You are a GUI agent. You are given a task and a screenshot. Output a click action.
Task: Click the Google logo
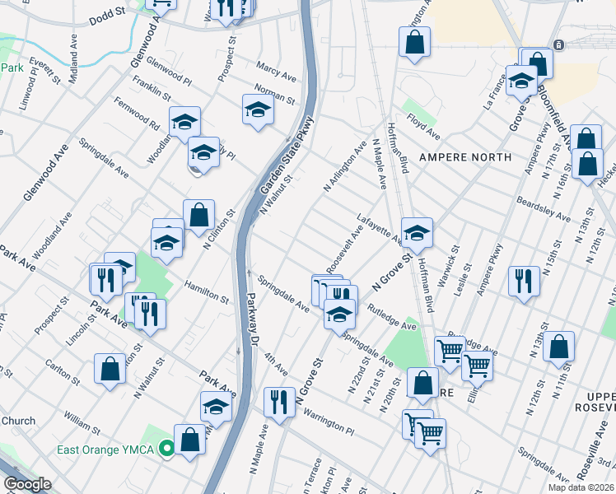(27, 485)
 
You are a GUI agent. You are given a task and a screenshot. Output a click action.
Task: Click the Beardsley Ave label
(543, 210)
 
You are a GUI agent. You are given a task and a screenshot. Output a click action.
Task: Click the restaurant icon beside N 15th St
(524, 281)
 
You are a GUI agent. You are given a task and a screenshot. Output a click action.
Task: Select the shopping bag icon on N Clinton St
(198, 216)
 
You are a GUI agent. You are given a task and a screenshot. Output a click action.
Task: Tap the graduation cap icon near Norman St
(258, 110)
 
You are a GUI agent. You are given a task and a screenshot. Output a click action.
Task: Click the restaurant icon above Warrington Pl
(279, 403)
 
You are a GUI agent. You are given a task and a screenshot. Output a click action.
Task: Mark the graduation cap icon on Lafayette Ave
(417, 233)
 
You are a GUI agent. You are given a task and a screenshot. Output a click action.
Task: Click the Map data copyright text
(581, 487)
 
